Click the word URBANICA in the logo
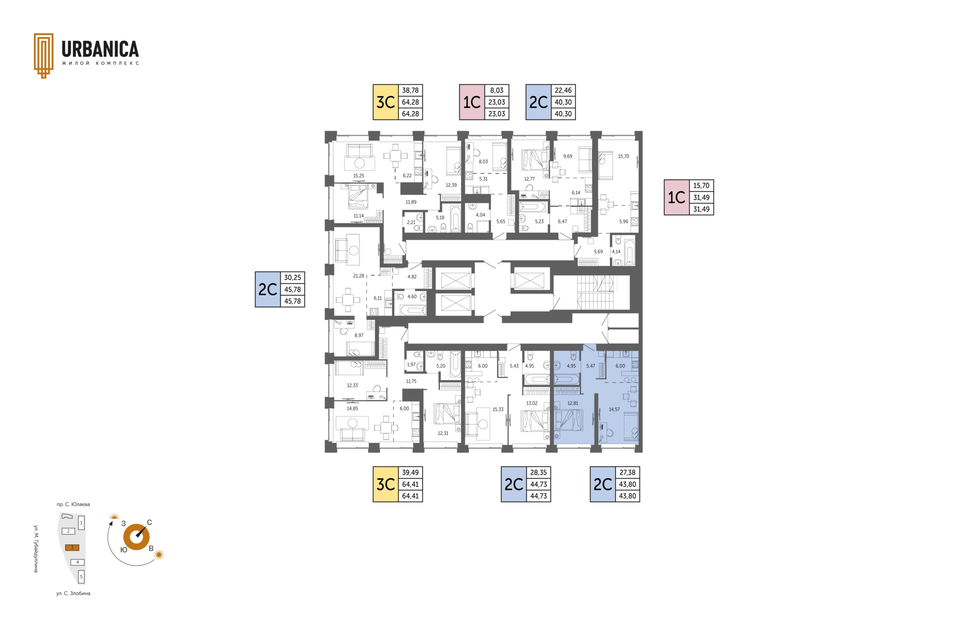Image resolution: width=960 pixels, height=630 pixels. click(x=100, y=49)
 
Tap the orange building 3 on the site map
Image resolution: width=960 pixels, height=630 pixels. click(x=72, y=547)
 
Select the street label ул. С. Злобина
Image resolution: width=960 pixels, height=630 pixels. click(x=73, y=593)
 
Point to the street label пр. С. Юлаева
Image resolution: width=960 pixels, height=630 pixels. click(x=73, y=504)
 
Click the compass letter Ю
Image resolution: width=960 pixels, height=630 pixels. click(x=123, y=549)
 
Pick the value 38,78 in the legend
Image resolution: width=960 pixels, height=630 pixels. click(x=410, y=90)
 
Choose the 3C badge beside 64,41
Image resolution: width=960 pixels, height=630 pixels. click(x=385, y=484)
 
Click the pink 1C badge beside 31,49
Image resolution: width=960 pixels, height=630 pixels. click(x=676, y=197)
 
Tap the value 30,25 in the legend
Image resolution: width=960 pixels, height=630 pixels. click(x=292, y=277)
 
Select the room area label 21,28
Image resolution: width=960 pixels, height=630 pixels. click(x=358, y=276)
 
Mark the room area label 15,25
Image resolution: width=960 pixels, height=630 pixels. click(x=358, y=176)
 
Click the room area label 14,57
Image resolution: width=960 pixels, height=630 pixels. click(x=614, y=409)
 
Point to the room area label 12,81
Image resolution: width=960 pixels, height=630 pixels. click(x=572, y=403)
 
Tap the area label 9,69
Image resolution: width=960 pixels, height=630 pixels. click(x=567, y=156)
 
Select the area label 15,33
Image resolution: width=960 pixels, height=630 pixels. click(x=498, y=409)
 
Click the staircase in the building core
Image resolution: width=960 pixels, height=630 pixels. click(x=595, y=292)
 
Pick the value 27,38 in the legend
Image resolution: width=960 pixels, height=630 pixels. click(x=627, y=472)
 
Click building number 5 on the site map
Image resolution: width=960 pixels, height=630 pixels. click(x=81, y=576)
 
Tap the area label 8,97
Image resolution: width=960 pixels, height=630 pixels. click(x=359, y=335)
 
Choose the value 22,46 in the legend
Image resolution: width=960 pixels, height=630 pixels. click(x=563, y=90)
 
